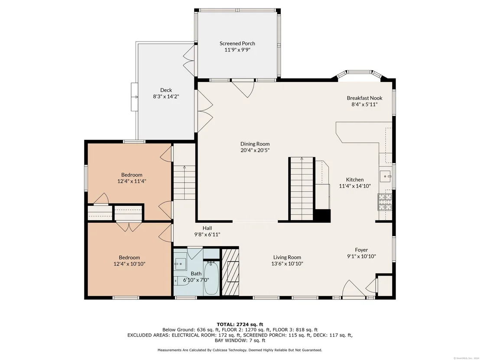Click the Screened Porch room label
click(237, 43)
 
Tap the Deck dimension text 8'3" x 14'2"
click(166, 97)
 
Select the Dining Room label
click(255, 144)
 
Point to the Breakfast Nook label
click(365, 98)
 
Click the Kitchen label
click(355, 180)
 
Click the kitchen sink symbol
click(385, 176)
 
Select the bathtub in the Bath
click(211, 278)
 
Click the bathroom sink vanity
click(181, 263)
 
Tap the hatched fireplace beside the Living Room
click(230, 272)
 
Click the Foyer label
click(362, 250)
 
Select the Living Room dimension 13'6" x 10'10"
click(287, 263)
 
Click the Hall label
click(207, 228)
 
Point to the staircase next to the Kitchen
click(302, 189)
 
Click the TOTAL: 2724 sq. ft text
click(240, 324)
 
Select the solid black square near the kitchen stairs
click(322, 216)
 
